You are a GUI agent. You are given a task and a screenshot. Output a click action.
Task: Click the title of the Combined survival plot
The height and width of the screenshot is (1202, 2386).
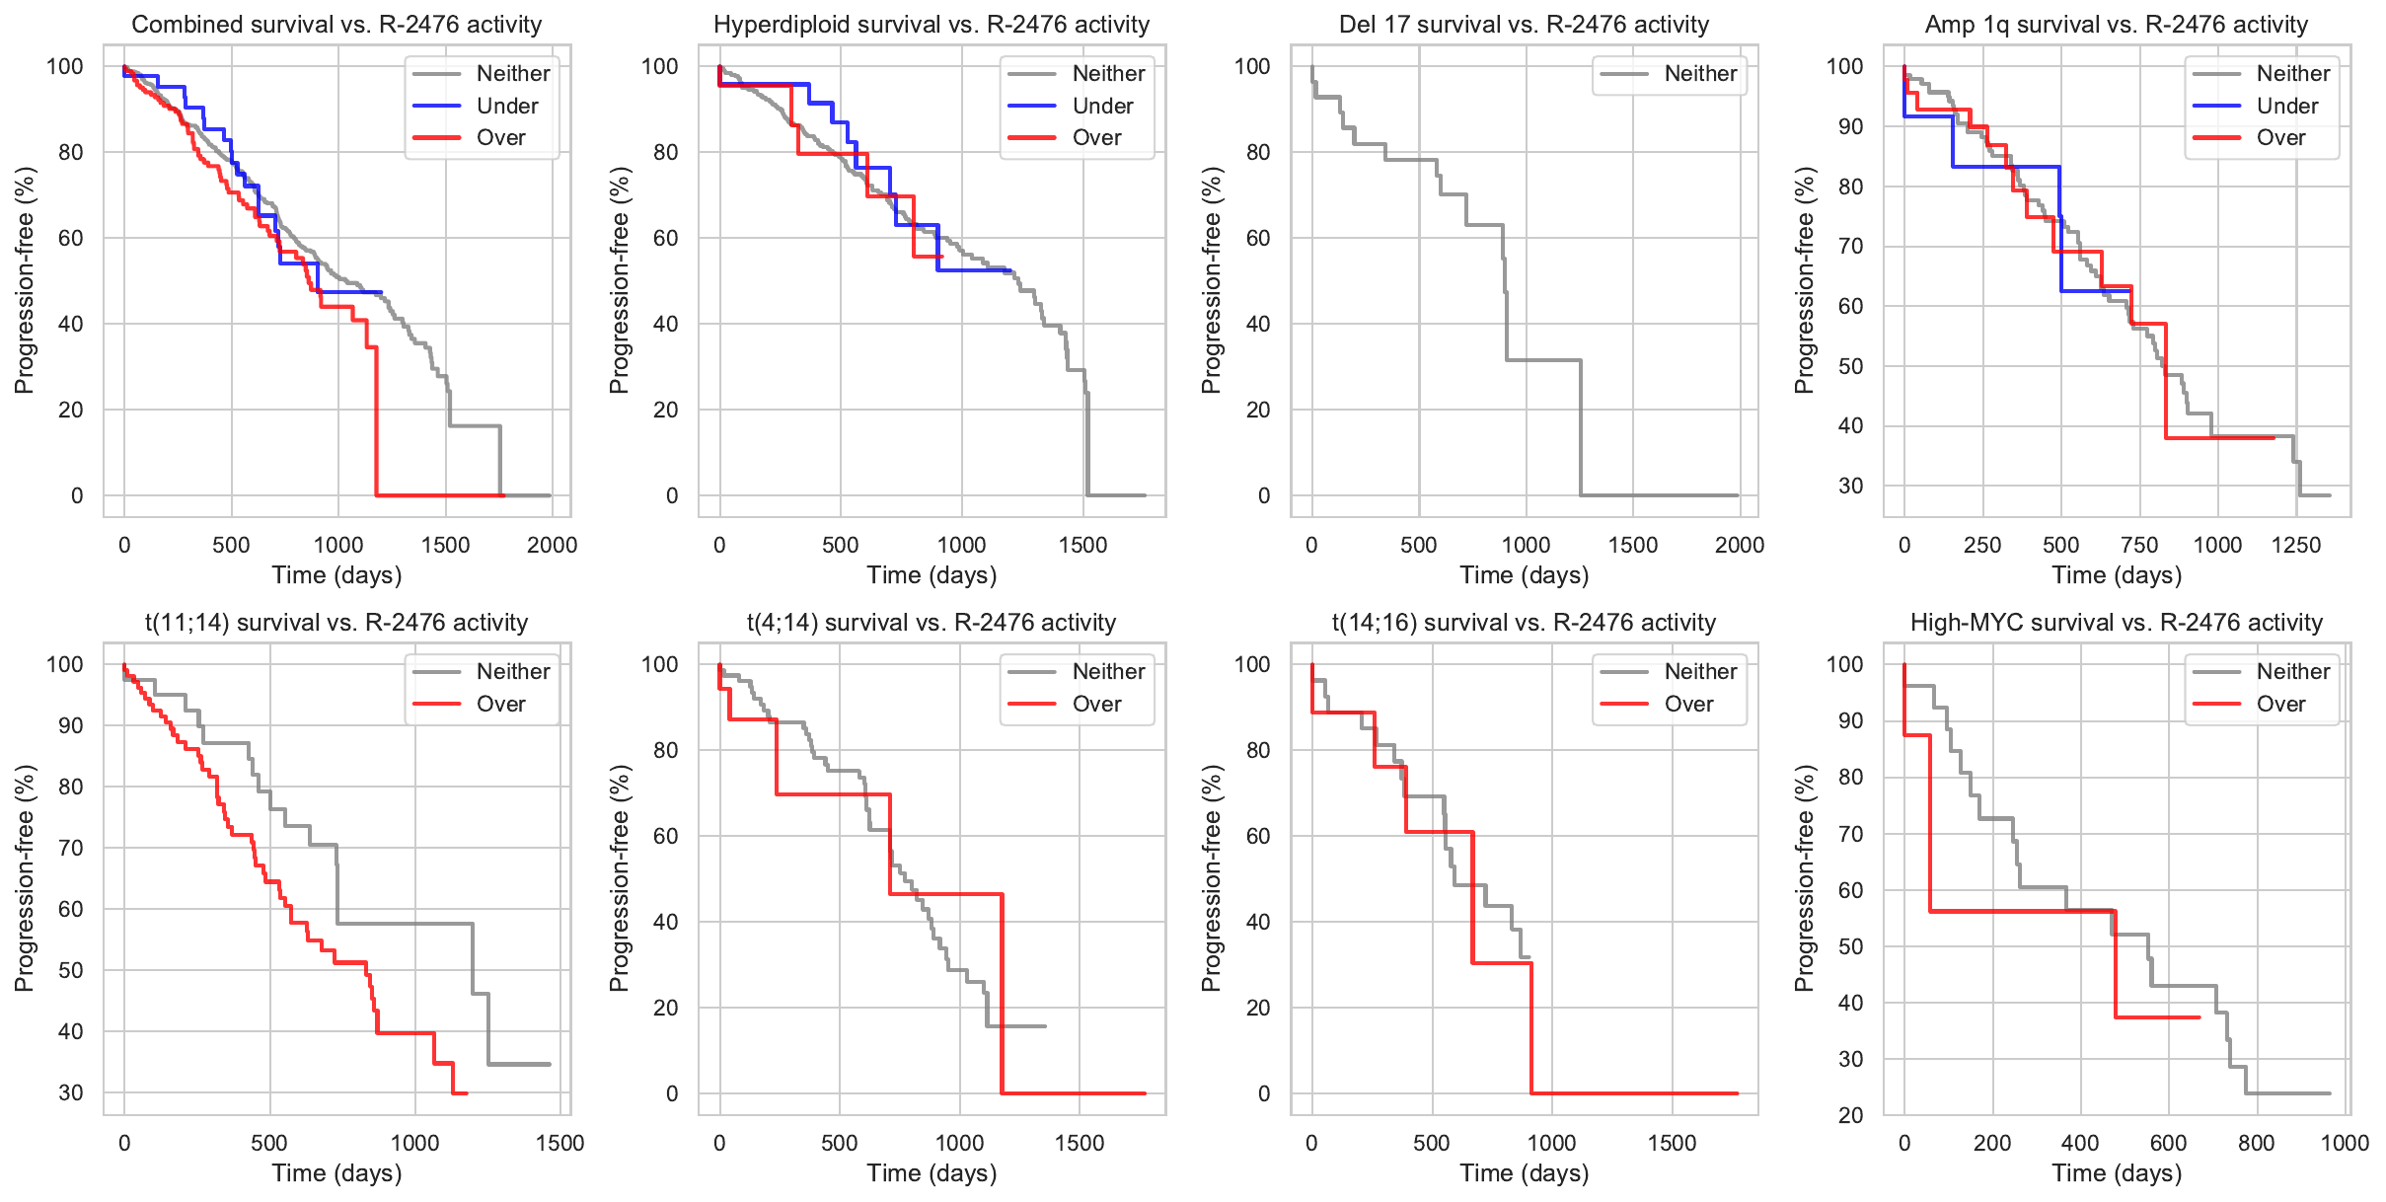[x=336, y=25]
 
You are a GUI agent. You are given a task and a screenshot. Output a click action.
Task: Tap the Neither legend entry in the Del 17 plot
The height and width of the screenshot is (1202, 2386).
[x=1700, y=73]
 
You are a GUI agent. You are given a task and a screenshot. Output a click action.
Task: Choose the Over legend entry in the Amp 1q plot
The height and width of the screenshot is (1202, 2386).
[x=2280, y=137]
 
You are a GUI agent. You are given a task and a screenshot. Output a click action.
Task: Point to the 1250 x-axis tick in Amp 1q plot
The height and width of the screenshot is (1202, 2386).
[x=2296, y=545]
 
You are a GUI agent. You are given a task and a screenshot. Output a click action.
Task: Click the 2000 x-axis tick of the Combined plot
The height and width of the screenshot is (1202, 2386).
[x=552, y=545]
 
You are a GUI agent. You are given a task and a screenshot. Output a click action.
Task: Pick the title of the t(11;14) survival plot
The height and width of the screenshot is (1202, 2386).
[x=336, y=623]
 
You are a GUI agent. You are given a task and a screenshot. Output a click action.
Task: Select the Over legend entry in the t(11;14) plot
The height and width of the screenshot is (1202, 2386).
[x=500, y=704]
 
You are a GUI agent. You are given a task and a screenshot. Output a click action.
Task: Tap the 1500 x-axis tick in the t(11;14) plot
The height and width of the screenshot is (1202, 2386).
[x=559, y=1143]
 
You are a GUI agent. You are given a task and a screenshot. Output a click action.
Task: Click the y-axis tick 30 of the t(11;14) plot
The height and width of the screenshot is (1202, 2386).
[x=71, y=1092]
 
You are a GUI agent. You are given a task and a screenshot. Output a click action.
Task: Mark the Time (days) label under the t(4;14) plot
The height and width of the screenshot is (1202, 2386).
[x=932, y=1172]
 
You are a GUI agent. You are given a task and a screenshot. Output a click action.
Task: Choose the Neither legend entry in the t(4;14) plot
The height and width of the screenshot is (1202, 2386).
[x=1108, y=671]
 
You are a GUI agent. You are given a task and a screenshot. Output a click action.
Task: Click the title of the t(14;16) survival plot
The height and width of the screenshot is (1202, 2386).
[x=1524, y=623]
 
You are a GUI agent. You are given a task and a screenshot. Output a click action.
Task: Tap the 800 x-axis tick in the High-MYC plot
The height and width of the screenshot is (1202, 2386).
[x=2257, y=1143]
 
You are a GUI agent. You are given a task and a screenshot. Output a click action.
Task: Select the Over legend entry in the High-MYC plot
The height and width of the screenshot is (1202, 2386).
[x=2280, y=704]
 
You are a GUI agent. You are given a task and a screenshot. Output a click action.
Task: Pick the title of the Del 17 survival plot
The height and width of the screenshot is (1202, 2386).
[x=1524, y=25]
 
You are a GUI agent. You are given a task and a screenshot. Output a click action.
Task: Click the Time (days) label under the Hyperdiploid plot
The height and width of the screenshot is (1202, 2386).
[x=932, y=574]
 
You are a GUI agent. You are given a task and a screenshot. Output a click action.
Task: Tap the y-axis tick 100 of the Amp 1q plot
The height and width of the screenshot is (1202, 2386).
[x=1844, y=66]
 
